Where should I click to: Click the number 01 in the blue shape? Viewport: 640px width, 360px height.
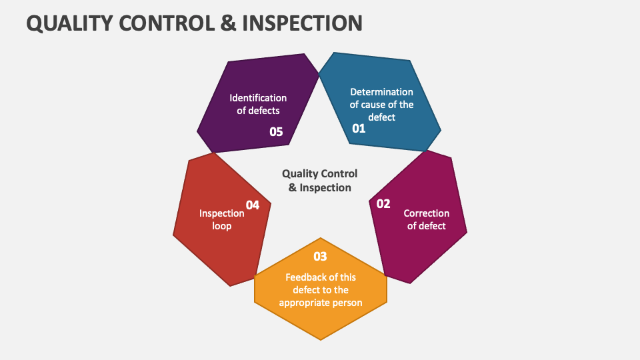click(359, 129)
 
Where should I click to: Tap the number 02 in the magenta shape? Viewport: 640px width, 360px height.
click(383, 204)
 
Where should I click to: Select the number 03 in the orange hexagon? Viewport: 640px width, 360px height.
click(320, 257)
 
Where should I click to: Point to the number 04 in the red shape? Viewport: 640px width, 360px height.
click(253, 205)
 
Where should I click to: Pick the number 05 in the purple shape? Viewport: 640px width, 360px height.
click(276, 132)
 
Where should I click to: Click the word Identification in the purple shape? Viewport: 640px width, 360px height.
click(258, 98)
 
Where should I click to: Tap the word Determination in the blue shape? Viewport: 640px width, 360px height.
click(381, 92)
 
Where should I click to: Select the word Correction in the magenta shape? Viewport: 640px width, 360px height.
click(427, 213)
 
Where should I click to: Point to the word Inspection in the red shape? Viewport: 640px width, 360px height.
click(222, 213)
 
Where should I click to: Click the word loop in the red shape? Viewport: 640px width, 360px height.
click(222, 226)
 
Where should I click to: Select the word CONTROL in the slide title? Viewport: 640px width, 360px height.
click(168, 23)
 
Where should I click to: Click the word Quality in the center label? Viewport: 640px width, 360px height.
click(299, 173)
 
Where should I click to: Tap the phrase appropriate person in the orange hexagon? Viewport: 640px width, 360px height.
click(320, 303)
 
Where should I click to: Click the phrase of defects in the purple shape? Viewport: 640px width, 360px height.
click(258, 111)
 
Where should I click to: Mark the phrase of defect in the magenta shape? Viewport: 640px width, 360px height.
click(427, 226)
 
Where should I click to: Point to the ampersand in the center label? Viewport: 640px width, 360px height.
click(293, 188)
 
